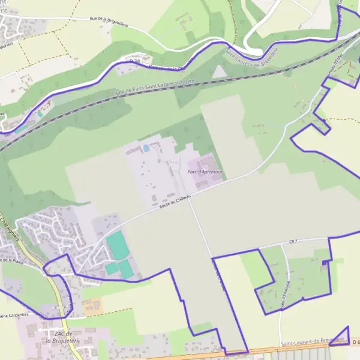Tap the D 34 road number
click(135, 62)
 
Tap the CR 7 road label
click(293, 241)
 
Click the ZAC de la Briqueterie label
click(58, 337)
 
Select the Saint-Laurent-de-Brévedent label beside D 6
click(313, 341)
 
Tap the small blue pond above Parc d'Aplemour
click(146, 148)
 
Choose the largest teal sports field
click(117, 245)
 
